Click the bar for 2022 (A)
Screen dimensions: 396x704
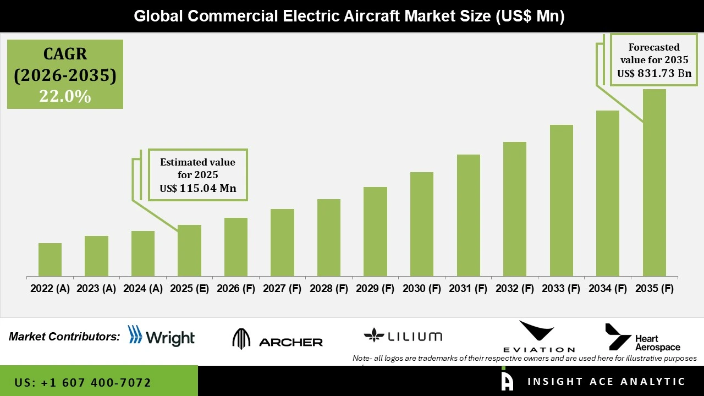50,260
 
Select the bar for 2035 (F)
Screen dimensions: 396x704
654,183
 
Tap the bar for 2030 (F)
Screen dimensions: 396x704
422,224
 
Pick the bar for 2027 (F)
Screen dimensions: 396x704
282,243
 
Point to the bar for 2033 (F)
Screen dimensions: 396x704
561,201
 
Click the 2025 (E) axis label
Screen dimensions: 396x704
189,289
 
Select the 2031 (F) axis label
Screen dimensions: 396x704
468,289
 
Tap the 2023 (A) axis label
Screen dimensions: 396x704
96,289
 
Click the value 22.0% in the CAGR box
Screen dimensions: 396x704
65,96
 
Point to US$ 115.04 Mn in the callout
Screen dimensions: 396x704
197,189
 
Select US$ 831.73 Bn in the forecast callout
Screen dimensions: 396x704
654,73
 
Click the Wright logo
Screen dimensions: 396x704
161,336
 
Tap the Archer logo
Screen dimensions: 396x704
277,339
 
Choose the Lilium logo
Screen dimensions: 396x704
403,336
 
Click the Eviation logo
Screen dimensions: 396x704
538,337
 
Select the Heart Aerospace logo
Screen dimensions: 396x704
642,337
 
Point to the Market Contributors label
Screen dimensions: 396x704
64,337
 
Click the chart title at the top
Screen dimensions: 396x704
349,16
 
